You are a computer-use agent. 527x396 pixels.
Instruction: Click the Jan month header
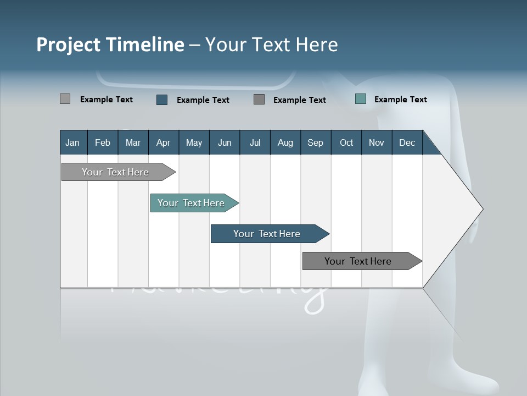tap(72, 142)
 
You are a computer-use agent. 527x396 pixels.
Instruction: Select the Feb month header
tap(103, 142)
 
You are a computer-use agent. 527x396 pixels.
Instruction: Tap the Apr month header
tap(163, 142)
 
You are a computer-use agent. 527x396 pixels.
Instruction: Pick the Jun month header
tap(224, 142)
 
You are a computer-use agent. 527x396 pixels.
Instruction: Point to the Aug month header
tap(285, 142)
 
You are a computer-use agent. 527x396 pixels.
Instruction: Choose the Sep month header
tap(315, 142)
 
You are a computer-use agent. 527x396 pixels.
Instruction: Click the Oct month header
tap(346, 142)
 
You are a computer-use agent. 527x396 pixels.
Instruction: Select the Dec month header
tap(407, 142)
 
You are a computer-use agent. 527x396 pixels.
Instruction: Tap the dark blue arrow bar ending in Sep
tap(267, 234)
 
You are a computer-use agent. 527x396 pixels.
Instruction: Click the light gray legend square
tap(65, 99)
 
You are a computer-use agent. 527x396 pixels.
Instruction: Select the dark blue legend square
tap(161, 100)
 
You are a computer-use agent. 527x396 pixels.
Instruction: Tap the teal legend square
tap(360, 99)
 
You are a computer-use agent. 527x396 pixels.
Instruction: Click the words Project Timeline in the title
tap(110, 45)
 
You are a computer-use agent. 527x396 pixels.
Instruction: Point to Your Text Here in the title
tap(271, 45)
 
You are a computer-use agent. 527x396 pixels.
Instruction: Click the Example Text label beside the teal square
tap(400, 100)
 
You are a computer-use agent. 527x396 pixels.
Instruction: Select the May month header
tap(194, 142)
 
